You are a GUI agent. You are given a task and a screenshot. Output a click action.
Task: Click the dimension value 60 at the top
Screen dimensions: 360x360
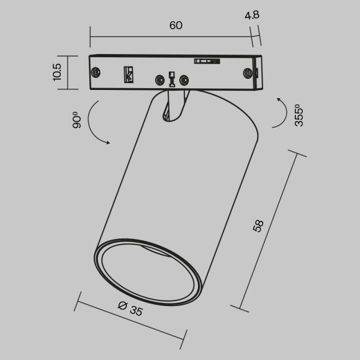[x=176, y=25]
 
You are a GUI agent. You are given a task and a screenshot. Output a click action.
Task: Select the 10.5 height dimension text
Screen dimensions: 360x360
[x=57, y=72]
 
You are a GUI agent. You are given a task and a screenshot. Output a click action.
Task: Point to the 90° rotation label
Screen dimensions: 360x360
[x=77, y=120]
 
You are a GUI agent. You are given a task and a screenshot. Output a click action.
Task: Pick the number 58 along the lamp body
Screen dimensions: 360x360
[x=258, y=226]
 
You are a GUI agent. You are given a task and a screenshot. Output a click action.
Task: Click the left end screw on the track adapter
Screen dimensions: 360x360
[x=97, y=71]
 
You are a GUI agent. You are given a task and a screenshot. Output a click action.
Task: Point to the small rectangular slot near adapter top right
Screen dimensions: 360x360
[x=207, y=61]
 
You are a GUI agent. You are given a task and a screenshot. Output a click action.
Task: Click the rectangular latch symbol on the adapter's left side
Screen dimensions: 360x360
[x=129, y=74]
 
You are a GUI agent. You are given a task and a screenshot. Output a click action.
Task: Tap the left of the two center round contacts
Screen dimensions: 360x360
[x=160, y=80]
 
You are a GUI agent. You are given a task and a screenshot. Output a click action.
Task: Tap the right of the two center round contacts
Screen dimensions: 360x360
[x=183, y=80]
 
